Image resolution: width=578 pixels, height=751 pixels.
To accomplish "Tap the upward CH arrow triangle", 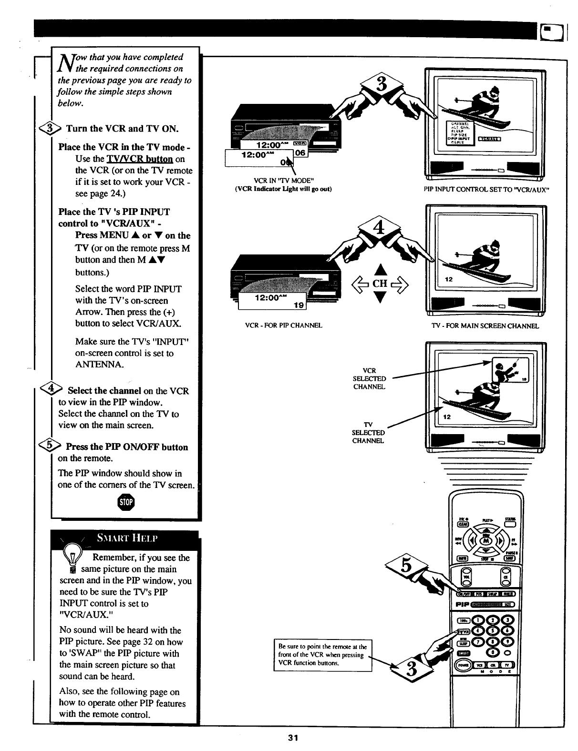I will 380,270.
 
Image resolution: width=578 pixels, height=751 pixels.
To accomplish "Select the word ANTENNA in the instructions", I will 100,365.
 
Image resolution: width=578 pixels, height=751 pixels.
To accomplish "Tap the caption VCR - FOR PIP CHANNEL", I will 283,325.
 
